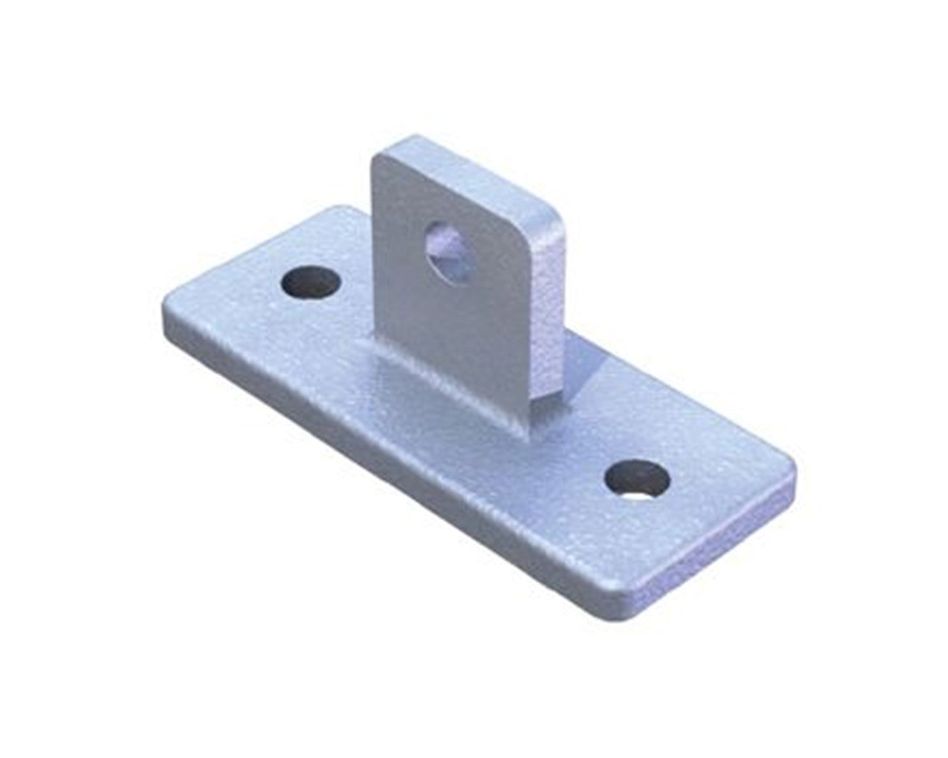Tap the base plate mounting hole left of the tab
point(310,282)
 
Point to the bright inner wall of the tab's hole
point(456,265)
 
